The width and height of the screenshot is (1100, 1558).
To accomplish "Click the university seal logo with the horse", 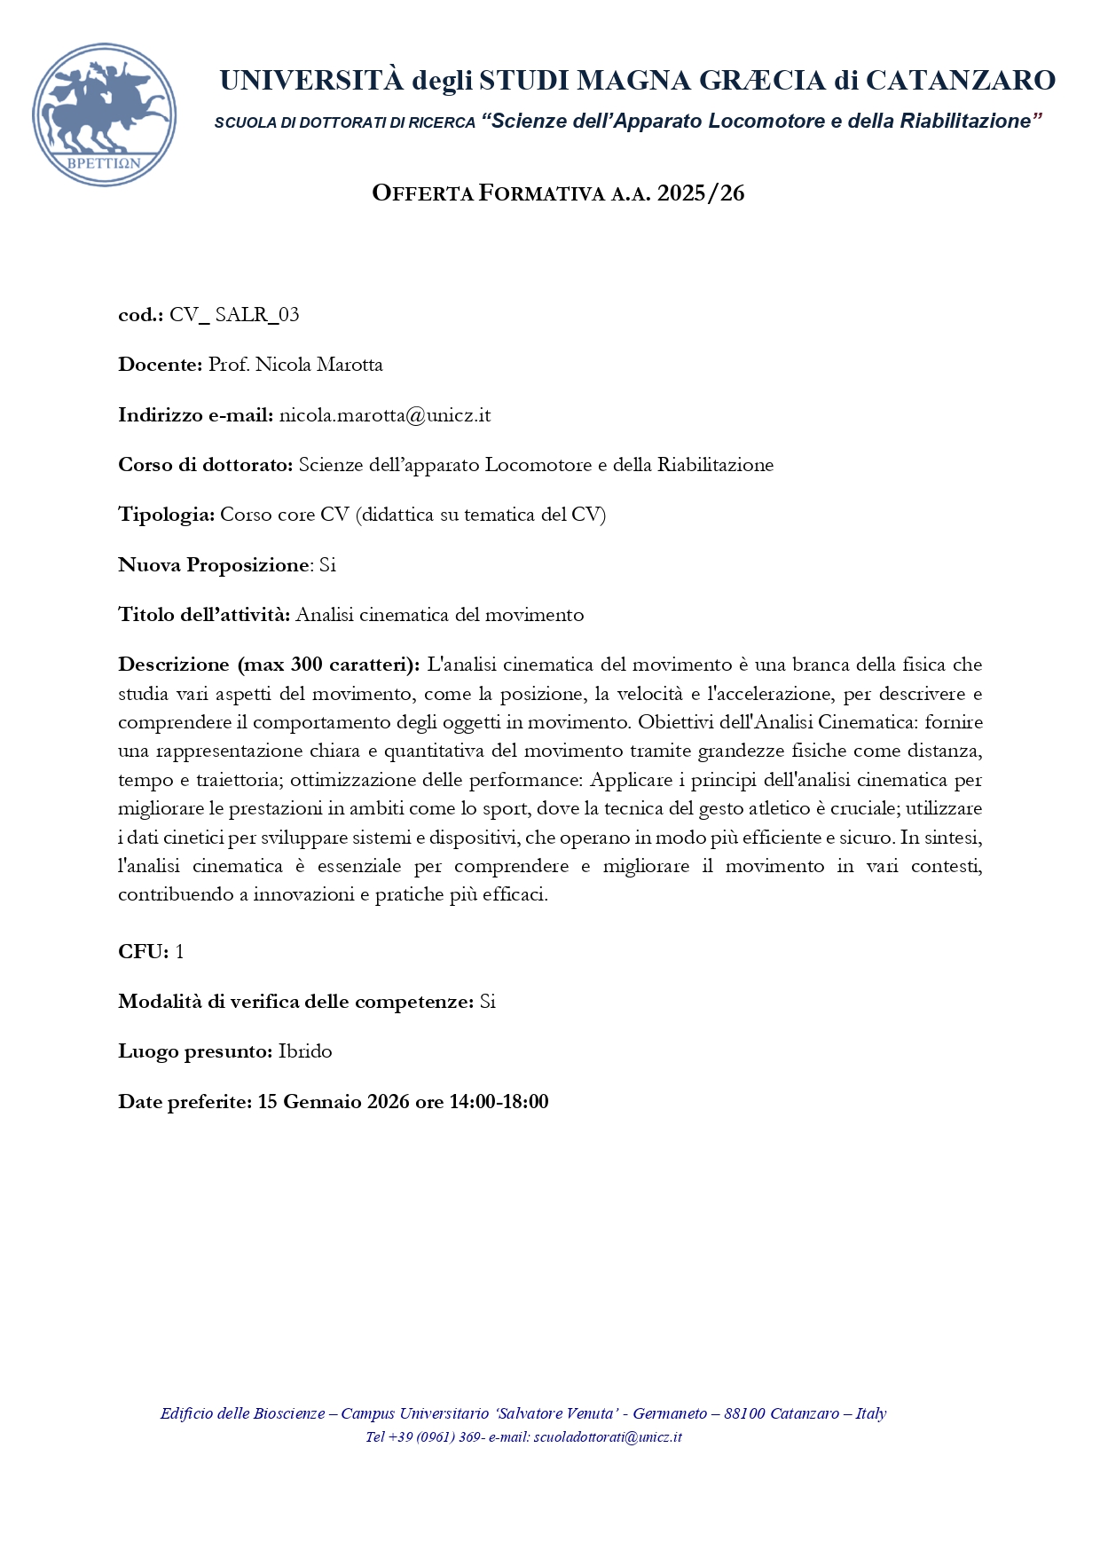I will tap(104, 114).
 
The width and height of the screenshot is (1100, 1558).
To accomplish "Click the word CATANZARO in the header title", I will tap(960, 81).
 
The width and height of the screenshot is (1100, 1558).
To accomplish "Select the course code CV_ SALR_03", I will tap(234, 315).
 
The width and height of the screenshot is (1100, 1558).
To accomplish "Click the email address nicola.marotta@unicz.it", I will tap(384, 415).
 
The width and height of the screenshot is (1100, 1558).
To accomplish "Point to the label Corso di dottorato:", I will tap(205, 465).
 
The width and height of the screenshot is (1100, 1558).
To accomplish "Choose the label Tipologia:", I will tap(166, 515).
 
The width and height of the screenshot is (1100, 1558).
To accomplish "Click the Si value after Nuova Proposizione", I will tap(327, 565).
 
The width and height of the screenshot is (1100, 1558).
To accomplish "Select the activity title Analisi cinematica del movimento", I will tap(439, 615).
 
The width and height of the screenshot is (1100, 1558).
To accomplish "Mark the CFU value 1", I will tap(179, 952).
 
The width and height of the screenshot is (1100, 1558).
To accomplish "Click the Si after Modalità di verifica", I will tap(487, 1002).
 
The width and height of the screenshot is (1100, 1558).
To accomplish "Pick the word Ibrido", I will tap(305, 1051).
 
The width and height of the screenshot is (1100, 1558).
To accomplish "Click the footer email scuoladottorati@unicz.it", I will tap(608, 1436).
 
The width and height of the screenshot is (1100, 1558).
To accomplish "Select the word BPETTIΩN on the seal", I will tap(105, 163).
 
